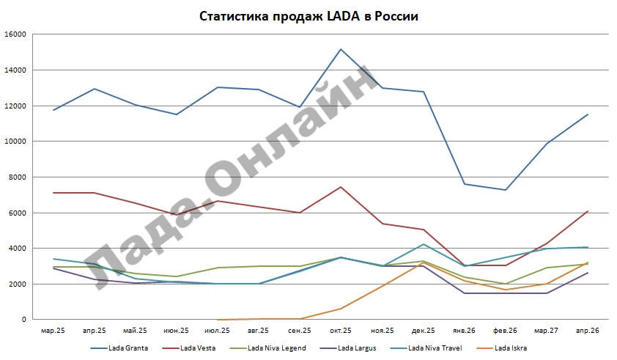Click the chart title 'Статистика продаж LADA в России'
pyautogui.click(x=308, y=16)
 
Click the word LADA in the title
pyautogui.click(x=343, y=16)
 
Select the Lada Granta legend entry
pyautogui.click(x=119, y=348)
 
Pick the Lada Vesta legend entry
pyautogui.click(x=188, y=348)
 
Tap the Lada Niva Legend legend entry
pyautogui.click(x=267, y=348)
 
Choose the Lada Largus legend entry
pyautogui.click(x=348, y=348)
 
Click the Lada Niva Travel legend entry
pyautogui.click(x=426, y=348)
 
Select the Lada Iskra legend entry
pyautogui.click(x=501, y=348)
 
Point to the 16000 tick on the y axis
pyautogui.click(x=15, y=34)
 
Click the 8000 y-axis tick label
pyautogui.click(x=18, y=177)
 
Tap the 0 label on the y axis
pyautogui.click(x=24, y=320)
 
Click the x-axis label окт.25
pyautogui.click(x=340, y=331)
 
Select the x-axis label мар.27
pyautogui.click(x=546, y=331)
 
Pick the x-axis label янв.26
pyautogui.click(x=464, y=331)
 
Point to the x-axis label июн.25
pyautogui.click(x=177, y=331)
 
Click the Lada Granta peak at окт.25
pyautogui.click(x=341, y=49)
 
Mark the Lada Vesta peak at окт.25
pyautogui.click(x=341, y=187)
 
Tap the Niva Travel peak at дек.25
pyautogui.click(x=424, y=244)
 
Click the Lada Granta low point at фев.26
pyautogui.click(x=506, y=190)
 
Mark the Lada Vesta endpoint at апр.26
pyautogui.click(x=588, y=211)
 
